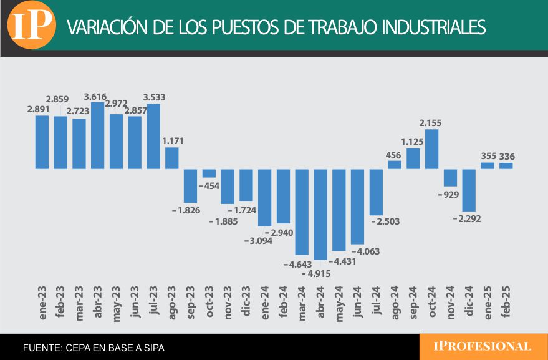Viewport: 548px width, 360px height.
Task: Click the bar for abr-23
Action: (97, 135)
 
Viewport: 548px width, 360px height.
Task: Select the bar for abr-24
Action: (320, 214)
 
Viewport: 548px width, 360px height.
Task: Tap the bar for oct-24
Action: (431, 148)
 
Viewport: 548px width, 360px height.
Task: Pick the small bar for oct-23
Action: (209, 173)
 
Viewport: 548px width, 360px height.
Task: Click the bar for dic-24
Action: (469, 190)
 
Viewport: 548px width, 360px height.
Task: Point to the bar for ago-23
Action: (171, 158)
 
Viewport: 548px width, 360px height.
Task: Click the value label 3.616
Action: (99, 97)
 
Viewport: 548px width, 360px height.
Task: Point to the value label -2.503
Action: (385, 221)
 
